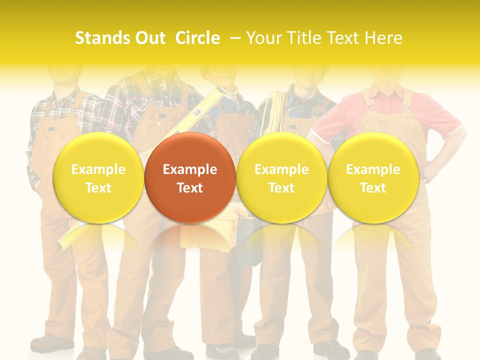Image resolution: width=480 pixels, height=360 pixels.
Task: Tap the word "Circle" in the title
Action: tap(197, 38)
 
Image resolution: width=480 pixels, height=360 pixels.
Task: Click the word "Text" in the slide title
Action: tap(343, 38)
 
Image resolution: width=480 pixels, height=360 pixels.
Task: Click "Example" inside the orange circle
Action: tap(190, 169)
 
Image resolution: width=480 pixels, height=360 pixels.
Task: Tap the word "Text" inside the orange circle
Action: tap(190, 188)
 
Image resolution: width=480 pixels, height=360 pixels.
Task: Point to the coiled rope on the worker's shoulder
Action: tap(272, 112)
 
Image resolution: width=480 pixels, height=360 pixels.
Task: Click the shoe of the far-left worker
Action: tap(50, 343)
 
